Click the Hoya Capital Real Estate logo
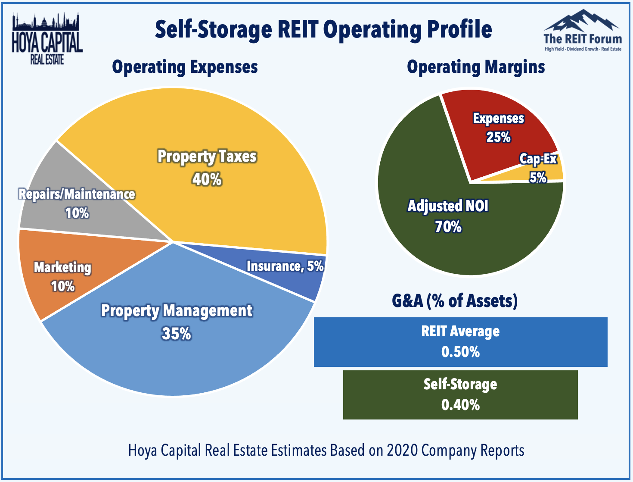[x=47, y=38]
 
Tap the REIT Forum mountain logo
[x=582, y=30]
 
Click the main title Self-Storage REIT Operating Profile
[x=323, y=30]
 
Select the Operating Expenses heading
[x=185, y=67]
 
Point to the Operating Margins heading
[x=476, y=67]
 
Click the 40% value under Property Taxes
[x=207, y=179]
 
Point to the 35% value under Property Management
[x=176, y=334]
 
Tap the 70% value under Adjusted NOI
[x=448, y=227]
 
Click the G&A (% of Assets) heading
[x=455, y=301]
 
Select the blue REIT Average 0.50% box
[x=461, y=342]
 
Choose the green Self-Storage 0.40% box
[x=460, y=395]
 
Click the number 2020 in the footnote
[x=402, y=451]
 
